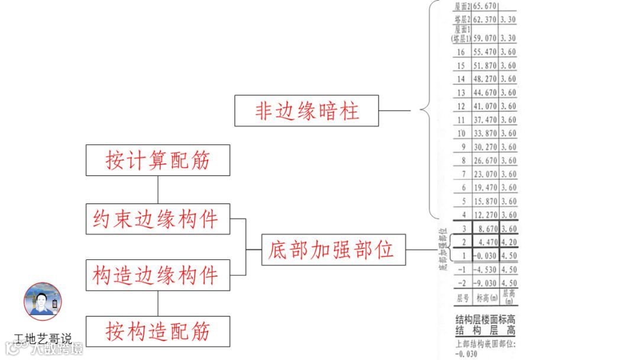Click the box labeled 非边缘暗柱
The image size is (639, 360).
306,111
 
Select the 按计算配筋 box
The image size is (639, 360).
157,160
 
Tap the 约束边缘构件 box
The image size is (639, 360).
157,220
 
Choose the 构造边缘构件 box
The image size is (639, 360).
157,275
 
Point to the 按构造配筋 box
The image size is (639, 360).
157,331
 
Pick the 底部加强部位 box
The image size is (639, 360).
334,249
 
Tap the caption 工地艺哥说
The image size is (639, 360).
43,339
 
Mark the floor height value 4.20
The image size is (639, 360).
508,242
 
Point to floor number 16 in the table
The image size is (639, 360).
461,52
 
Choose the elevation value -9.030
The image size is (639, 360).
485,283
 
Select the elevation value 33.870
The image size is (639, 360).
485,133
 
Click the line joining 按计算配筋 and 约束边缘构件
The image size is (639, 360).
157,190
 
